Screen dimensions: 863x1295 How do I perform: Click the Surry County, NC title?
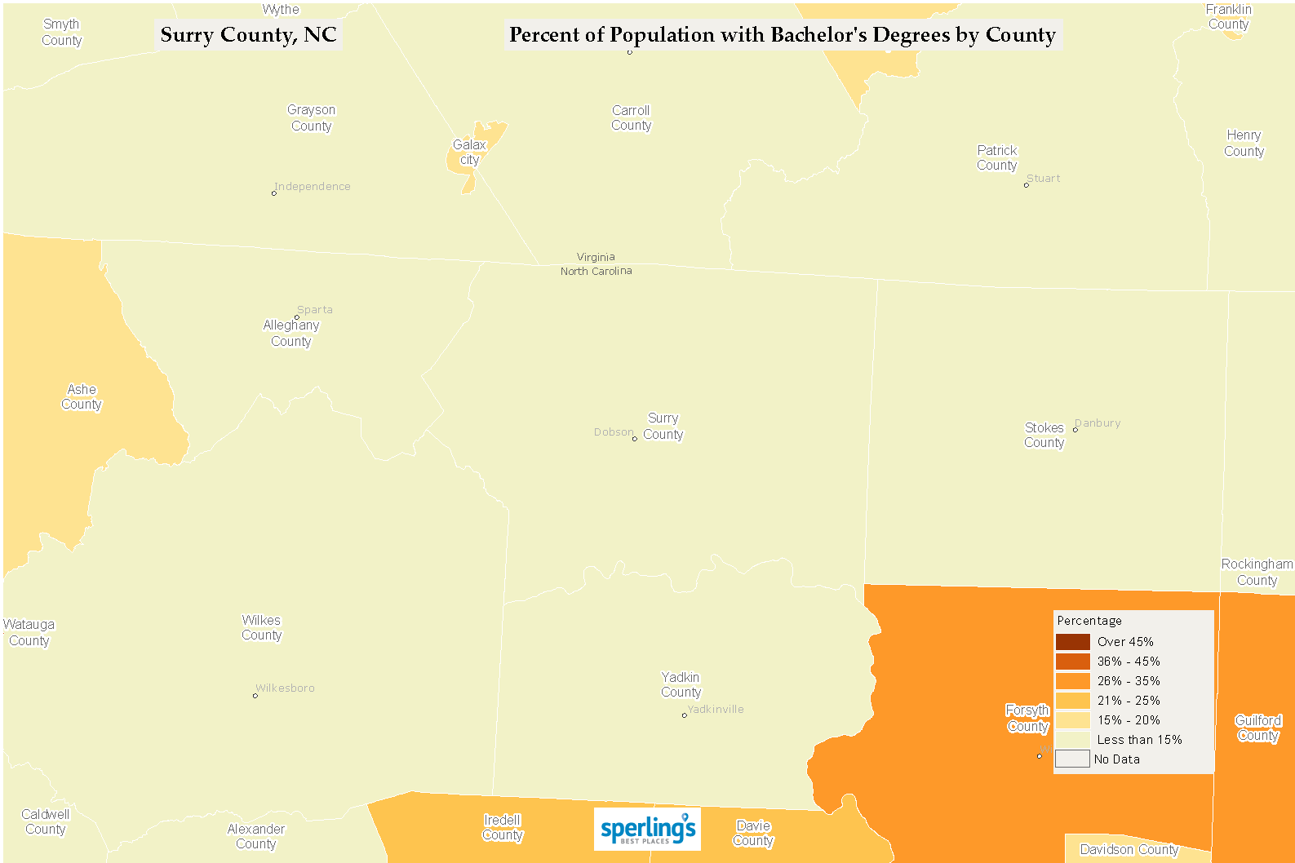pyautogui.click(x=248, y=35)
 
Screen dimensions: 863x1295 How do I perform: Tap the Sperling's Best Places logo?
pyautogui.click(x=647, y=829)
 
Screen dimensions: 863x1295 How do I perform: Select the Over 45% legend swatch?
pyautogui.click(x=1072, y=642)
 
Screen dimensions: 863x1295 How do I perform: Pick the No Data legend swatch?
pyautogui.click(x=1072, y=759)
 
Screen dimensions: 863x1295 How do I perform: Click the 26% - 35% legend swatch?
pyautogui.click(x=1072, y=681)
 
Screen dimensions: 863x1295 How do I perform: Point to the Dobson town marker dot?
pyautogui.click(x=635, y=439)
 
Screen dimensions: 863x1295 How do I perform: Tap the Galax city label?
pyautogui.click(x=469, y=153)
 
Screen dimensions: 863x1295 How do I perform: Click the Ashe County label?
pyautogui.click(x=82, y=397)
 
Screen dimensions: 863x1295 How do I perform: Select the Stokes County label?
pyautogui.click(x=1044, y=436)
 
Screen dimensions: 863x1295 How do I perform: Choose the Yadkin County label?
pyautogui.click(x=681, y=685)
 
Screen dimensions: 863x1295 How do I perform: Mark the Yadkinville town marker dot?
pyautogui.click(x=684, y=715)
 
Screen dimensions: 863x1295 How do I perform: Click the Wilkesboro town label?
pyautogui.click(x=286, y=688)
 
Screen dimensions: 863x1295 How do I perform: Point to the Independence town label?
pyautogui.click(x=313, y=187)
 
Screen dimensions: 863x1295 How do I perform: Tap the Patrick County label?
pyautogui.click(x=997, y=158)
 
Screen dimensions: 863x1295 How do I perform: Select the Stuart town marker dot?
pyautogui.click(x=1027, y=185)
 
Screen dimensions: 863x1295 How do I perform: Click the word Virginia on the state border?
pyautogui.click(x=596, y=257)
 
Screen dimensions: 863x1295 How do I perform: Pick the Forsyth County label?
pyautogui.click(x=1027, y=719)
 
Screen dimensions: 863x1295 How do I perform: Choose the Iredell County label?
pyautogui.click(x=503, y=828)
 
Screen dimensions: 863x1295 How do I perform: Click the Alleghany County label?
pyautogui.click(x=291, y=334)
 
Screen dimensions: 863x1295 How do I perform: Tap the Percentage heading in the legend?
pyautogui.click(x=1089, y=621)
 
